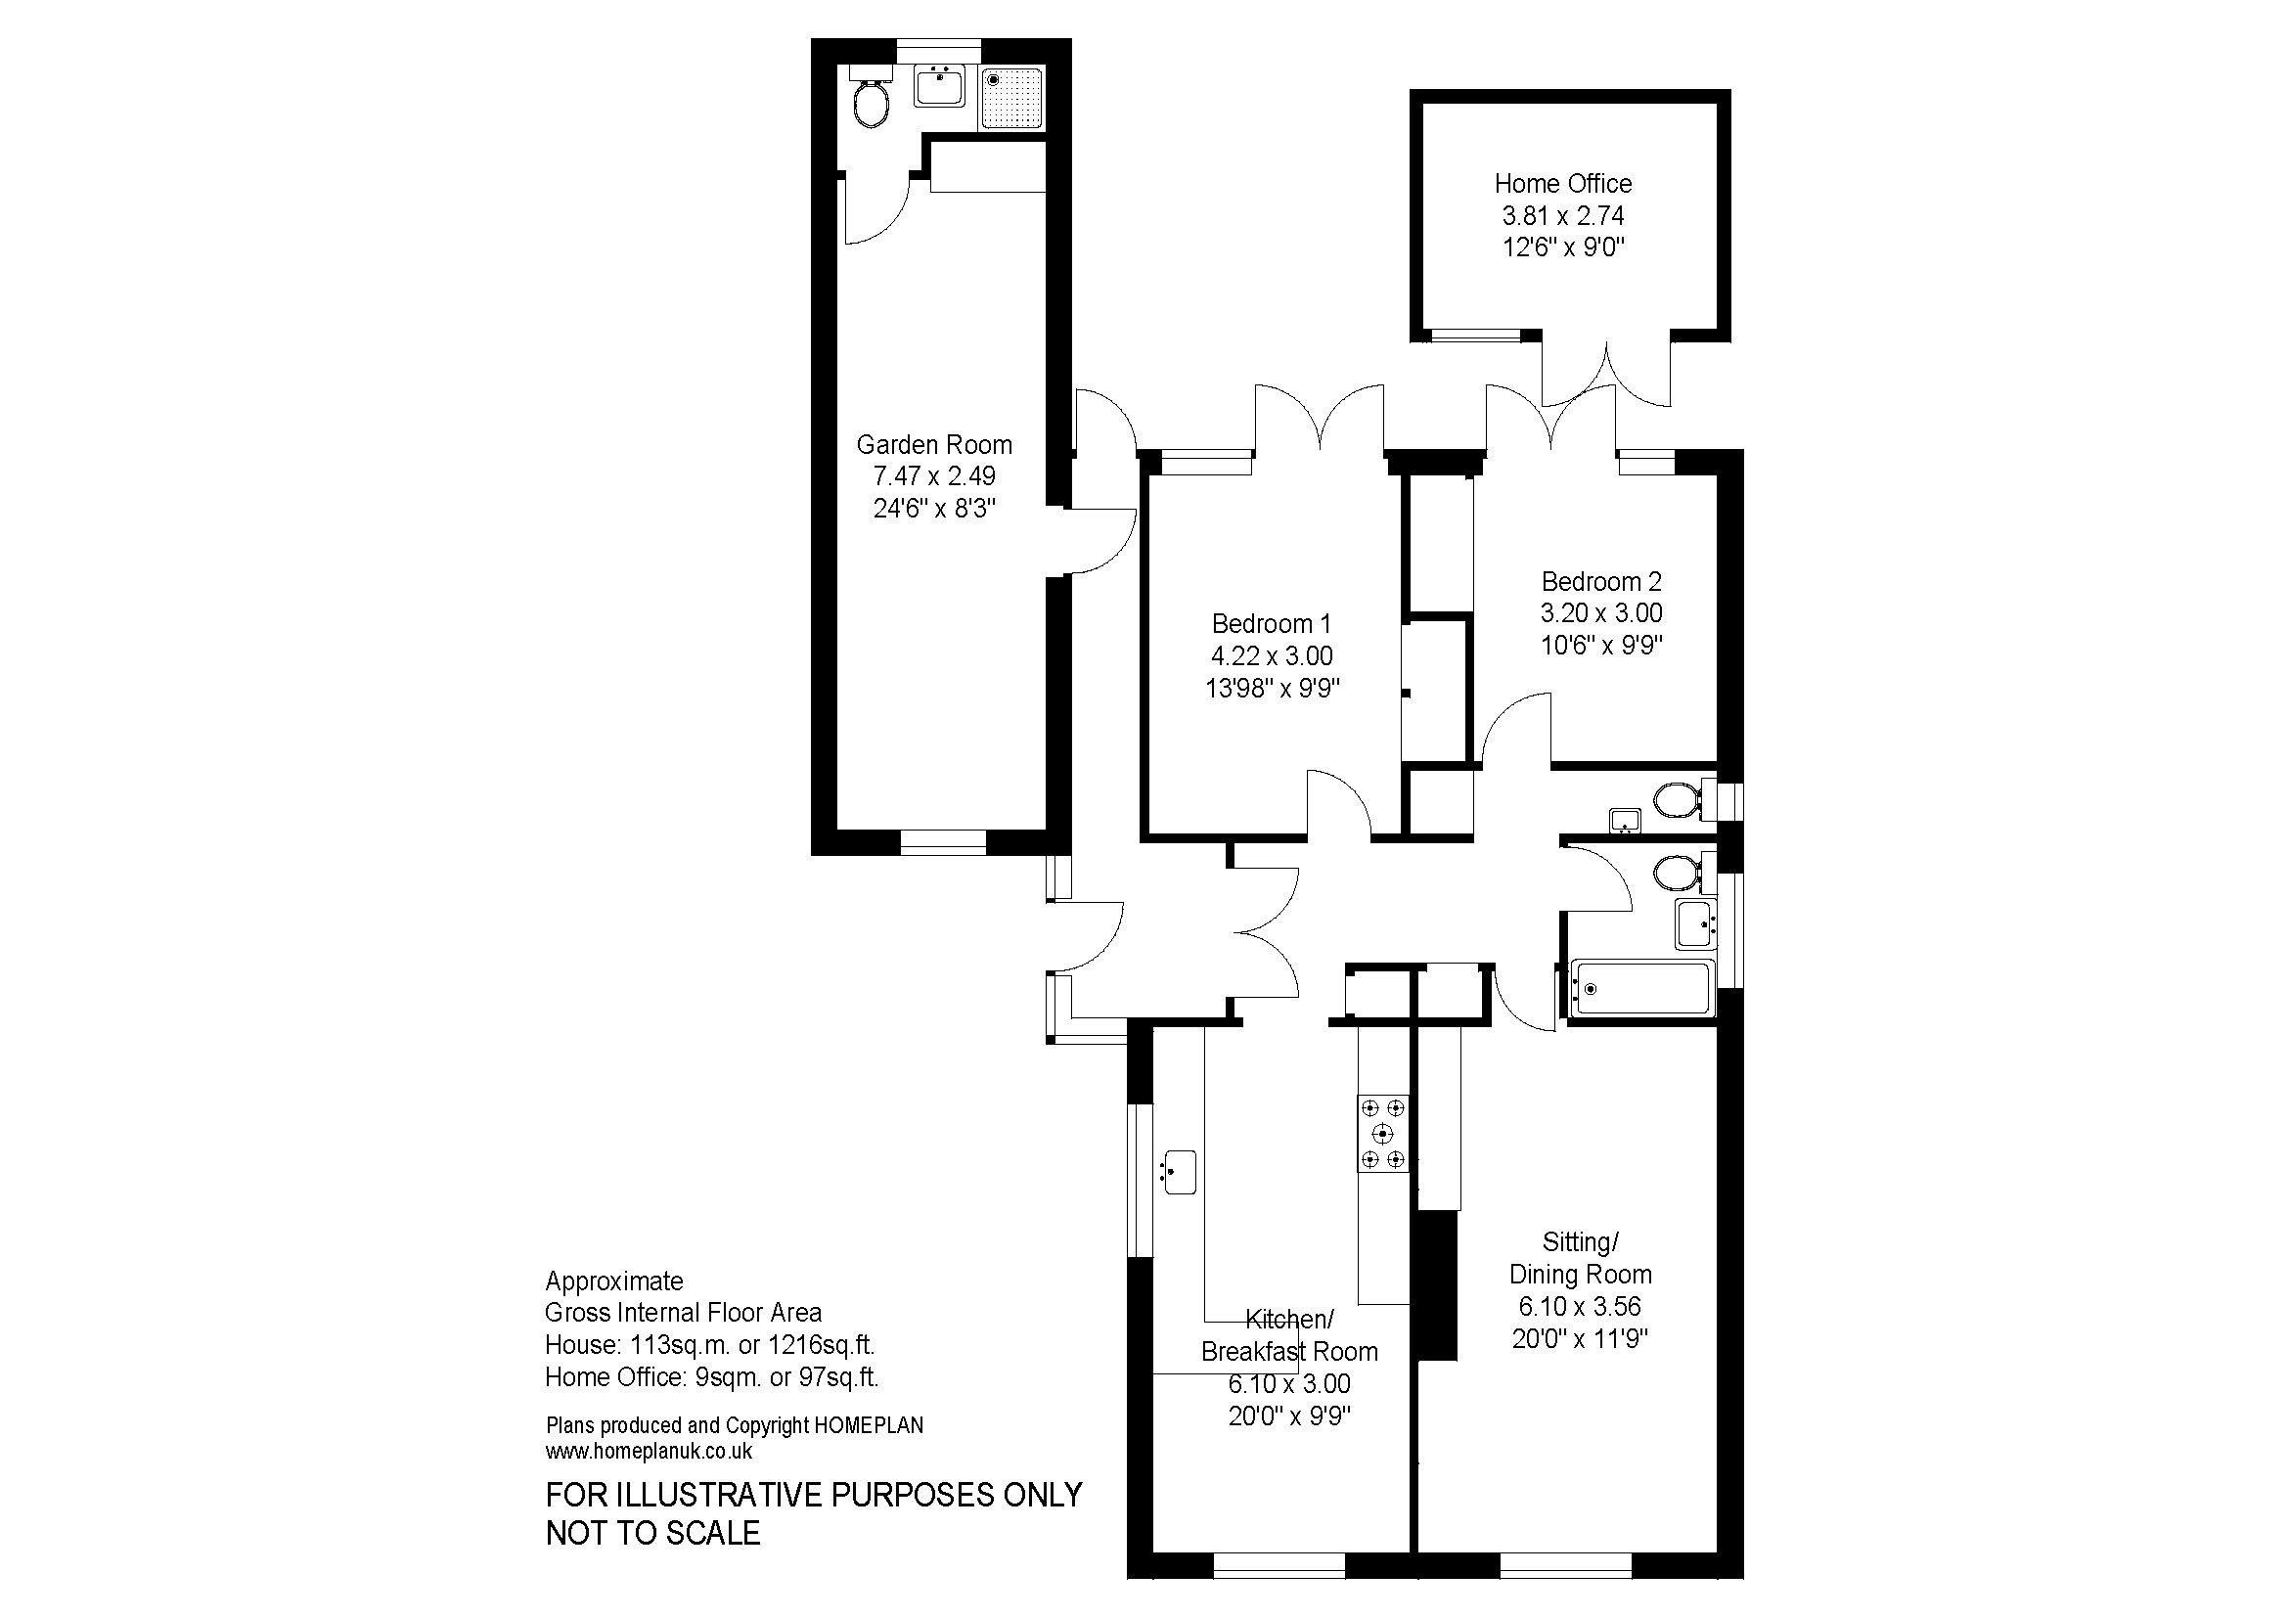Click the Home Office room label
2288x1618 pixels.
click(1562, 183)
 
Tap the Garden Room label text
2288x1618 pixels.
click(934, 444)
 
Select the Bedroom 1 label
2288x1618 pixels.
click(1271, 624)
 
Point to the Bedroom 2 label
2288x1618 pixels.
click(1601, 581)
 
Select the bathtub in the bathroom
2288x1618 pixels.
click(1640, 988)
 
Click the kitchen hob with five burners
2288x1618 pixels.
click(1383, 1133)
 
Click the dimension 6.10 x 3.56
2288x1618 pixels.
click(1580, 1306)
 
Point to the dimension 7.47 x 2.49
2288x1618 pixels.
click(934, 476)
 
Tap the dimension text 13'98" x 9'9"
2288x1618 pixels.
click(1272, 688)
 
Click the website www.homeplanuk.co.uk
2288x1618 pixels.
click(649, 1452)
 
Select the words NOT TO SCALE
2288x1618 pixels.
click(652, 1532)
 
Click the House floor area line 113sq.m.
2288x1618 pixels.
click(709, 1345)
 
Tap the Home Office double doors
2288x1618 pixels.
click(1606, 374)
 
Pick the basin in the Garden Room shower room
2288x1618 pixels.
click(939, 86)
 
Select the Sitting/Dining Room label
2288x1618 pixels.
click(1581, 1257)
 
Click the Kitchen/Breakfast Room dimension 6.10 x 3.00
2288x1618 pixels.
click(1289, 1384)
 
